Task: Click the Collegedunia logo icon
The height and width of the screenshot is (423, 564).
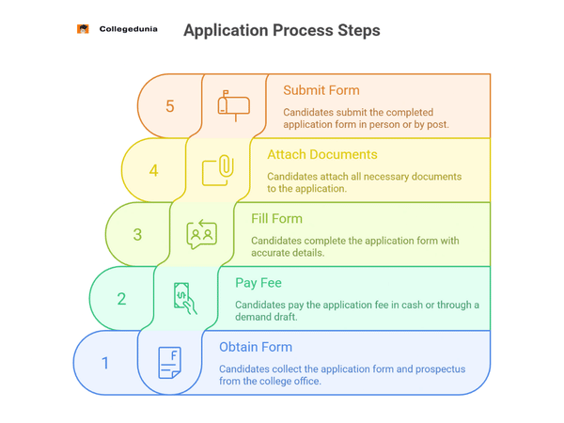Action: point(83,29)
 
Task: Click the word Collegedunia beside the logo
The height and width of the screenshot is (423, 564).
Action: point(129,29)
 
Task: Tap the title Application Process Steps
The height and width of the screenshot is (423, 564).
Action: point(282,30)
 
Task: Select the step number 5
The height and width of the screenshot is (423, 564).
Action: point(170,106)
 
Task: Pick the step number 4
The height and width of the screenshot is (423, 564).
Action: point(154,170)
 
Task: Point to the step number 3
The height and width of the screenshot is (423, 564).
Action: point(137,234)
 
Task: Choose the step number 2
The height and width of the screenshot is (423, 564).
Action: point(121,299)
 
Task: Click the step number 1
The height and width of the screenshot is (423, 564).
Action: point(105,362)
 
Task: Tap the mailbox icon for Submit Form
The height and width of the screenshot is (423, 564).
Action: point(234,105)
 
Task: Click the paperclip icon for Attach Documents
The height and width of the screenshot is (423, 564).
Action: point(218,170)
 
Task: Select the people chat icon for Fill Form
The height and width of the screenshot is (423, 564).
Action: point(202,234)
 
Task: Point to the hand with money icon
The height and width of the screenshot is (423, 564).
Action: point(185,298)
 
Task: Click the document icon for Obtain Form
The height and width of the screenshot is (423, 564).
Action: point(169,362)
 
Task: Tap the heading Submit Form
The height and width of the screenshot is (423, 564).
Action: point(321,90)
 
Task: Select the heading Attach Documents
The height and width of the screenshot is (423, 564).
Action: point(322,154)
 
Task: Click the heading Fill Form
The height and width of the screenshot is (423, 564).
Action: point(276,219)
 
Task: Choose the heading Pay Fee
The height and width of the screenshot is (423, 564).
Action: point(258,282)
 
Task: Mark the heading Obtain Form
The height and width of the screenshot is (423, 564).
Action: point(256,347)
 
